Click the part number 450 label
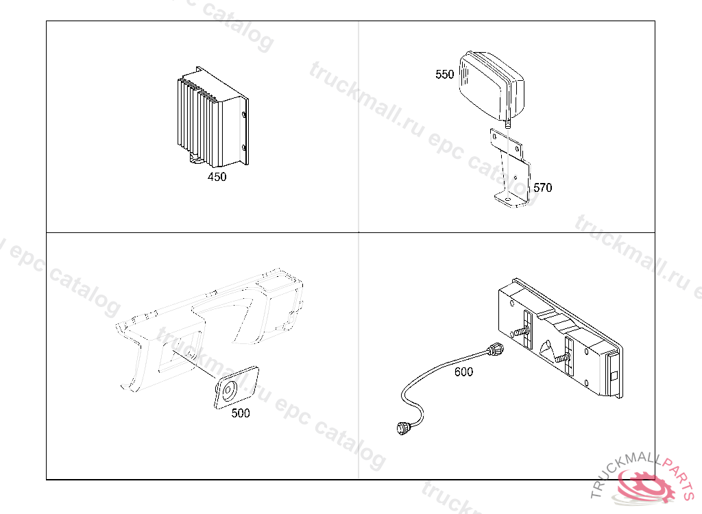tap(217, 177)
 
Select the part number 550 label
tap(444, 74)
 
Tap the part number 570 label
tap(543, 188)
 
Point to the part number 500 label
tap(241, 413)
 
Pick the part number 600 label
tap(463, 371)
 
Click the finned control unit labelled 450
tap(213, 117)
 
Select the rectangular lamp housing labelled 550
tap(491, 86)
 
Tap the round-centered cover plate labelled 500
tap(236, 388)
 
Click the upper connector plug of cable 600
tap(496, 350)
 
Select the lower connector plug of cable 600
tap(402, 428)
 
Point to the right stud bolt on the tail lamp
tap(561, 358)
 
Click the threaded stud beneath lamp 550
tap(508, 125)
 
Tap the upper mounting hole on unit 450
tap(244, 114)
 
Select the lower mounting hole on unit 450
tap(243, 148)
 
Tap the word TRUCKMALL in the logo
tap(623, 470)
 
